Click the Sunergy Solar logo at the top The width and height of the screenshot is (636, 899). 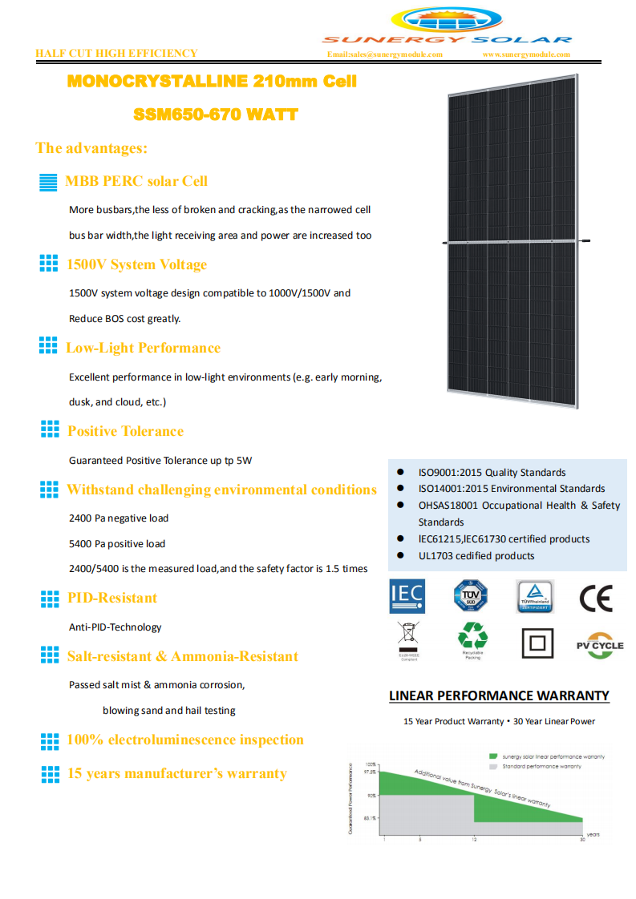(x=447, y=26)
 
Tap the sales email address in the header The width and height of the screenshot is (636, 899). (x=384, y=54)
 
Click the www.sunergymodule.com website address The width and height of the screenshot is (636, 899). (x=526, y=54)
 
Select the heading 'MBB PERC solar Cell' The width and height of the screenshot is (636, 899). (x=136, y=181)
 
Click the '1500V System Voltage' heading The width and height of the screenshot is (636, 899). (x=136, y=264)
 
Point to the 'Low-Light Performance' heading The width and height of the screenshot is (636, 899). (x=143, y=348)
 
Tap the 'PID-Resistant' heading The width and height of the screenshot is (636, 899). (x=111, y=598)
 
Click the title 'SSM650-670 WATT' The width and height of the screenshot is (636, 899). (x=216, y=115)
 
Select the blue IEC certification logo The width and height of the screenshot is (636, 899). (x=407, y=597)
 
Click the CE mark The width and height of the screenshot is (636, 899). (x=595, y=599)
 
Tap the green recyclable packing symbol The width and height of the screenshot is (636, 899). (x=472, y=637)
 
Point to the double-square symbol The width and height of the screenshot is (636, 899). (x=537, y=643)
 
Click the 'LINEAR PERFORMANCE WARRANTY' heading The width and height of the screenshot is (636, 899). (x=499, y=695)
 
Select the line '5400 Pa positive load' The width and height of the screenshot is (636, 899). (x=117, y=543)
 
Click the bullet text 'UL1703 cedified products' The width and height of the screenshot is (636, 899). (x=476, y=556)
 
